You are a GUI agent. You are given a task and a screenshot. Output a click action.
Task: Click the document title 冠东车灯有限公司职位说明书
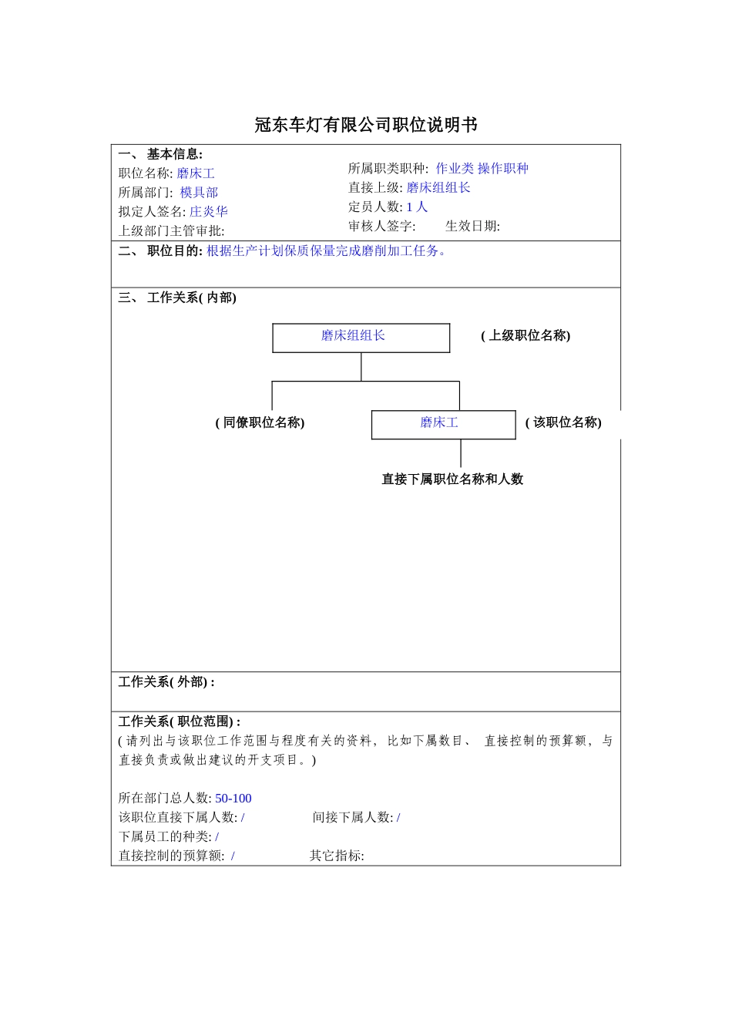click(x=366, y=125)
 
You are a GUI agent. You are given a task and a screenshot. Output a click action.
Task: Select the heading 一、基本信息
click(x=160, y=154)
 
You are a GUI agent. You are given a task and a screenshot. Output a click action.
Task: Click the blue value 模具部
click(x=199, y=193)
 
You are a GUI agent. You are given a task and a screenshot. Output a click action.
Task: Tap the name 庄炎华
click(x=209, y=211)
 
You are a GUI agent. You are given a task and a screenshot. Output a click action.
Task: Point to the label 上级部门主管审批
click(x=171, y=230)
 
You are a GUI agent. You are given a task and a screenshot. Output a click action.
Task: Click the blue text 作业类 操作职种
click(x=482, y=168)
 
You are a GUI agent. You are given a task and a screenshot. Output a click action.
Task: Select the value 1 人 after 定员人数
click(x=417, y=207)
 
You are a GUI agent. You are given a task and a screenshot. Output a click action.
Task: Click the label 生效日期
click(x=472, y=226)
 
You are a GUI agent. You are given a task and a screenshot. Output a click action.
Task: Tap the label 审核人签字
click(x=381, y=226)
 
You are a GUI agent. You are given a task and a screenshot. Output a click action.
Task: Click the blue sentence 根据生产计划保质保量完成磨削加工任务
click(x=327, y=251)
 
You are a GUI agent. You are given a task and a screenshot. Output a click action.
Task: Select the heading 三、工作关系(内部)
click(x=177, y=298)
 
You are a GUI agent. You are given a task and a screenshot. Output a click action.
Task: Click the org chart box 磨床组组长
click(x=361, y=337)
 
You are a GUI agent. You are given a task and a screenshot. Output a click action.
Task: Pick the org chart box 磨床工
click(x=443, y=424)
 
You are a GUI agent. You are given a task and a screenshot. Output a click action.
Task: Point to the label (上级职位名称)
click(x=525, y=335)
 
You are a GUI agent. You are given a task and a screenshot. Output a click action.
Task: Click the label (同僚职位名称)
click(x=260, y=422)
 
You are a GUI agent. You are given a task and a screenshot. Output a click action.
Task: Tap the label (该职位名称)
click(x=563, y=422)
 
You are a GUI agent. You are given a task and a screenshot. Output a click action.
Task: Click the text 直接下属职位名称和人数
click(x=452, y=479)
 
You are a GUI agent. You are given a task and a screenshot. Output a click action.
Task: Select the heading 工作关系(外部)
click(x=166, y=682)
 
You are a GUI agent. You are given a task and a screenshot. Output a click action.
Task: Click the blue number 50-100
click(x=233, y=799)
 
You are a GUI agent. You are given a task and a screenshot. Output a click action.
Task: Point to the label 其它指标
click(x=337, y=856)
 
